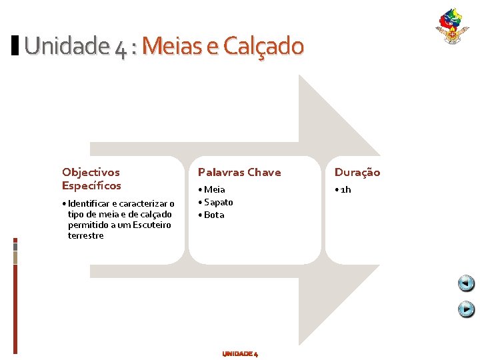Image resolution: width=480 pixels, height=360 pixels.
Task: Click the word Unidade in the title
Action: point(64,46)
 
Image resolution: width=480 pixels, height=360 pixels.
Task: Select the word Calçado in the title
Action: point(263,46)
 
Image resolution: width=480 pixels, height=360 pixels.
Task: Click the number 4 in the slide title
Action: point(120,47)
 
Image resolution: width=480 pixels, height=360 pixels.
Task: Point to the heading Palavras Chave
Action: point(239,172)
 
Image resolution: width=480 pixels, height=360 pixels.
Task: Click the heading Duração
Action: point(357,172)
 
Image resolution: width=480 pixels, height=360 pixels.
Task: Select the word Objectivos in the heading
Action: point(91,172)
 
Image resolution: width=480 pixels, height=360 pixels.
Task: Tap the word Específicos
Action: point(91,185)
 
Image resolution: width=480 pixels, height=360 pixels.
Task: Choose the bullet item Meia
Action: point(214,189)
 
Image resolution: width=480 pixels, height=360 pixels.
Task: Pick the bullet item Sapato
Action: point(218,202)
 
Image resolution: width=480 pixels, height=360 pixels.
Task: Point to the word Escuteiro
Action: point(151,225)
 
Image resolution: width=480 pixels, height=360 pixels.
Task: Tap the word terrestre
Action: point(85,235)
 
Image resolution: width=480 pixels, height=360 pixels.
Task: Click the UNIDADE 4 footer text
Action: point(240,353)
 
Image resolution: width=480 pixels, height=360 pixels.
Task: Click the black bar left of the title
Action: point(15,45)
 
